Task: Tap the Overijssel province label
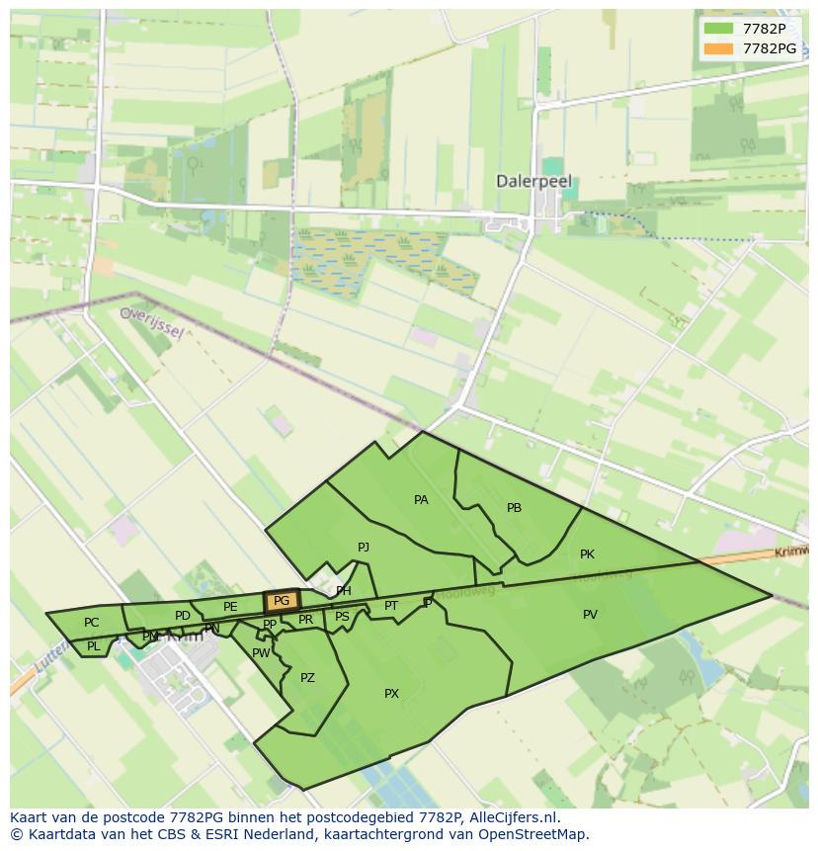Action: pos(151,321)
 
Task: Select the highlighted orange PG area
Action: pos(282,601)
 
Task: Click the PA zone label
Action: pos(421,500)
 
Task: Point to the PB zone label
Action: pos(514,508)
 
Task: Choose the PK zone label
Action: pos(587,554)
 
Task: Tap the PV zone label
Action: pos(590,615)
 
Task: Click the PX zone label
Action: pos(391,694)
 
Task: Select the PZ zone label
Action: pos(307,678)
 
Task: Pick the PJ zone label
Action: pos(364,547)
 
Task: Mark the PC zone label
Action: pos(91,623)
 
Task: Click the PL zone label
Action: pos(93,646)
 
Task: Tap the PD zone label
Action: pos(182,616)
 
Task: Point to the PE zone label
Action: pos(230,607)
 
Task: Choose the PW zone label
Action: pos(261,653)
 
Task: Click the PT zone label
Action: pos(391,606)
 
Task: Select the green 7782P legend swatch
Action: pos(718,29)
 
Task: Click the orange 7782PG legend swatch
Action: pos(718,48)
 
